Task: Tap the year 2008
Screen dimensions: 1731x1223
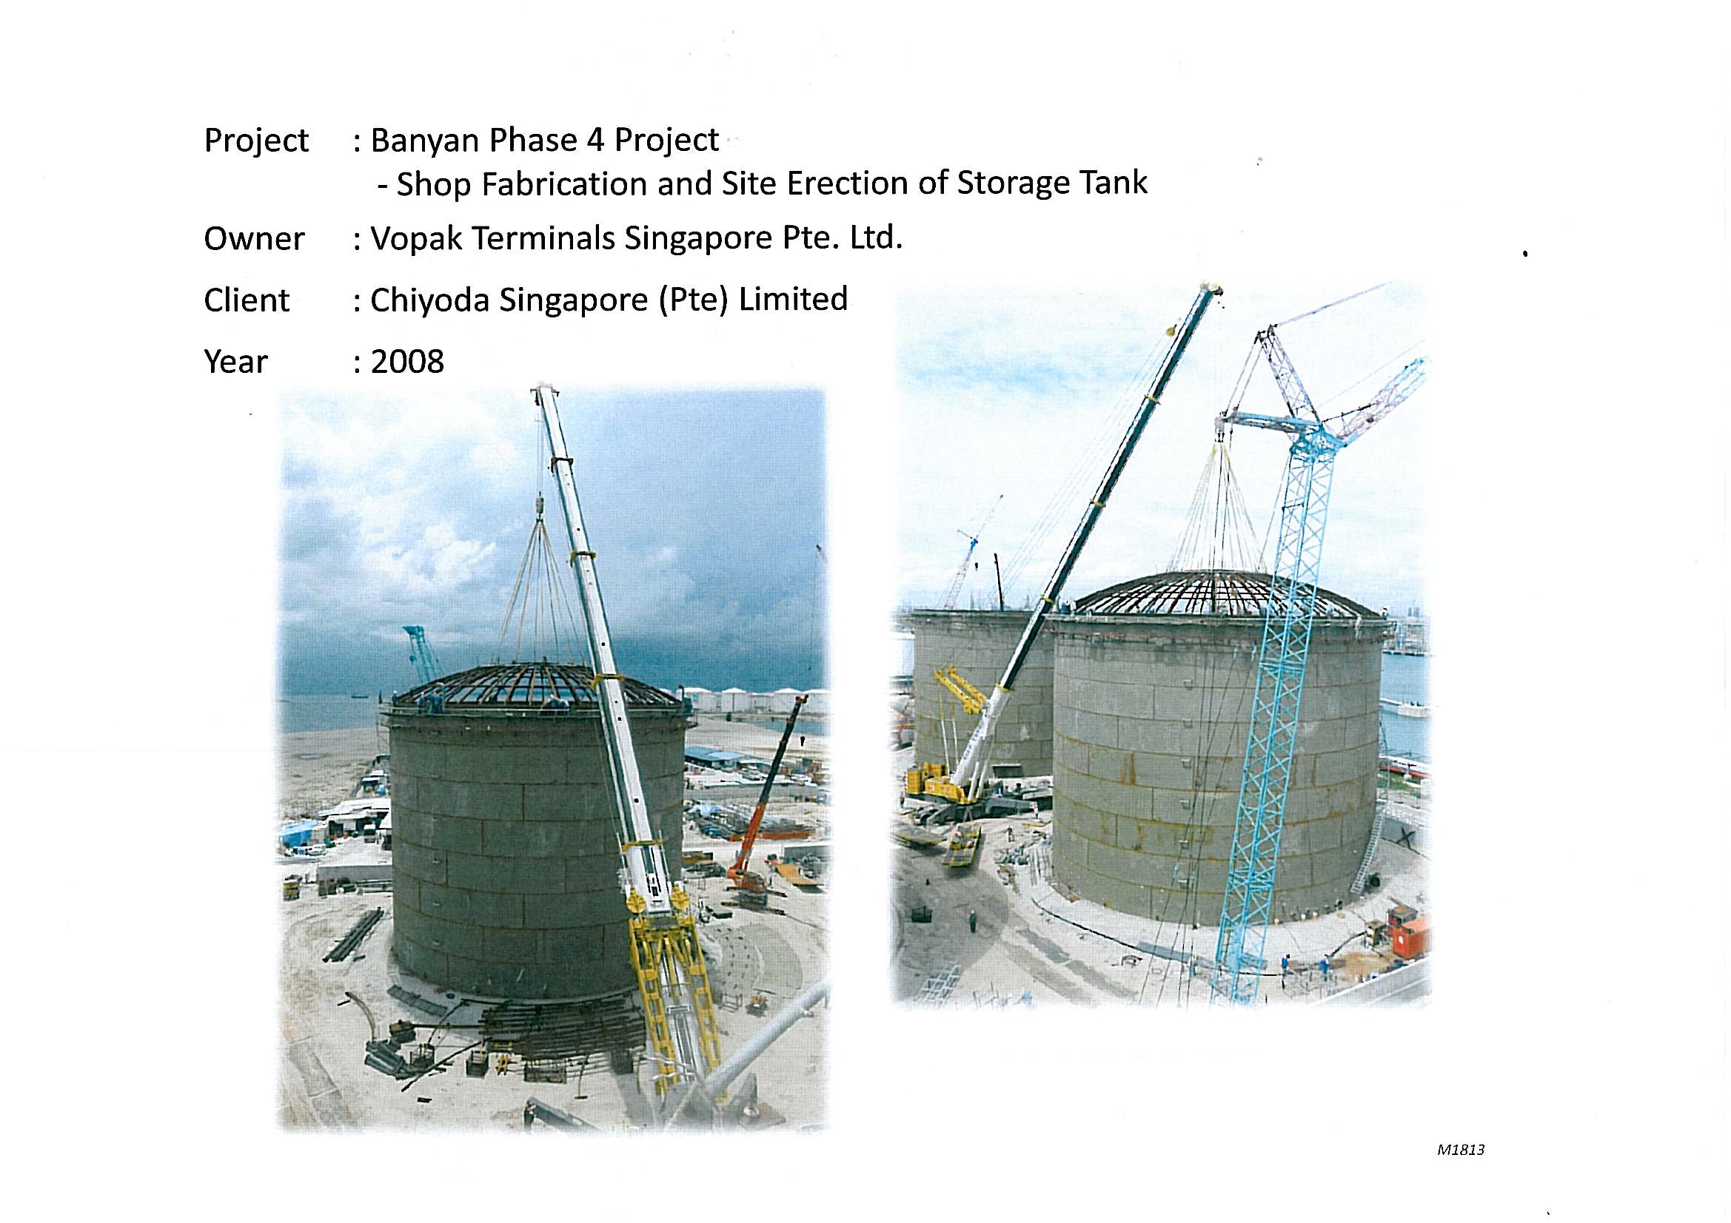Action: click(x=407, y=362)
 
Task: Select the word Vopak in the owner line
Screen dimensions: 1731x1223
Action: click(x=417, y=239)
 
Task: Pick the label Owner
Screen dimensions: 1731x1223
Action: click(x=254, y=239)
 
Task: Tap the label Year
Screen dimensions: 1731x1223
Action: click(x=235, y=362)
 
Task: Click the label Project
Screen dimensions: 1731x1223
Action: click(x=256, y=141)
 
